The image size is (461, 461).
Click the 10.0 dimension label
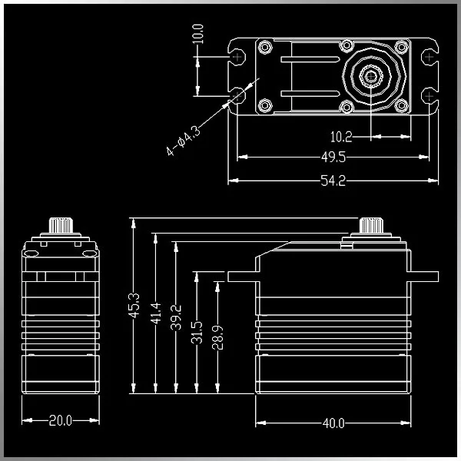pos(198,34)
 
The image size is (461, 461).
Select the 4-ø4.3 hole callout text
pos(184,141)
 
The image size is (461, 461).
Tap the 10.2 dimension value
pos(341,137)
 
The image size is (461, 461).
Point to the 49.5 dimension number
pos(333,158)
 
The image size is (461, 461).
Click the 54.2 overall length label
pos(333,181)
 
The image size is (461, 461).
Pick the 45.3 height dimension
pos(134,306)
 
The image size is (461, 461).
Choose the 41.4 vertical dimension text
pos(156,313)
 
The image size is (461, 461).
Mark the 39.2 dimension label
pos(176,317)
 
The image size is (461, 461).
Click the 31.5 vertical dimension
pos(197,333)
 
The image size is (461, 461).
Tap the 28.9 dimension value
pos(217,337)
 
